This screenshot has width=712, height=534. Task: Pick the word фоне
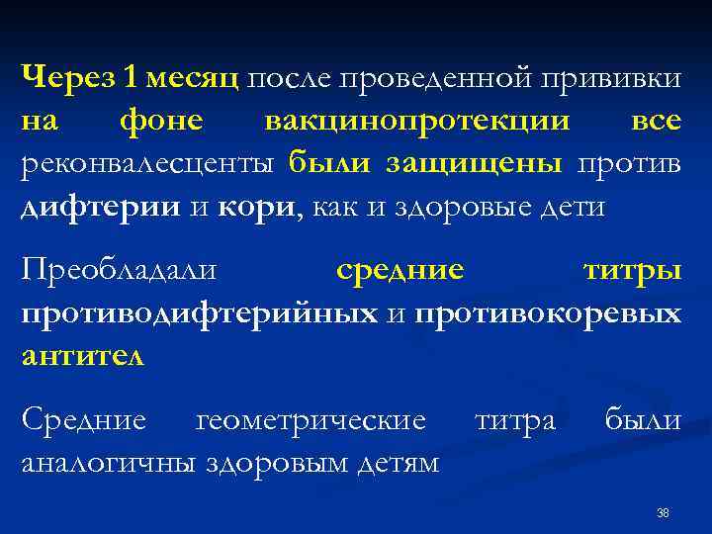coord(160,120)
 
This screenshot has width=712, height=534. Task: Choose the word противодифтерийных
coord(199,312)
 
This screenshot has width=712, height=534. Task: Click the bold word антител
coord(82,356)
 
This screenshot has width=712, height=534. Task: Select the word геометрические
coord(311,419)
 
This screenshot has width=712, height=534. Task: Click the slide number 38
coord(663,512)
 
